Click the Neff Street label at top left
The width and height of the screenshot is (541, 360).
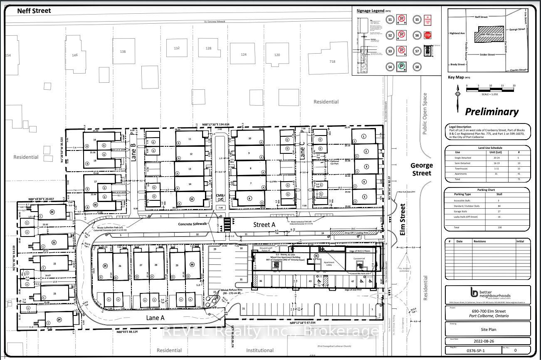click(x=34, y=10)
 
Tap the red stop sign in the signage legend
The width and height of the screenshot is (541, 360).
click(x=427, y=35)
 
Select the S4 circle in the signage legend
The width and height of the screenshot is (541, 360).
click(x=390, y=67)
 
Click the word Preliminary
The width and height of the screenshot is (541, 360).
click(x=492, y=111)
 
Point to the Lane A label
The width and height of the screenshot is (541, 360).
click(x=156, y=317)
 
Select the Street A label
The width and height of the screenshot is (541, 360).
click(x=264, y=224)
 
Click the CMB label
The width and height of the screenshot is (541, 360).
click(x=220, y=195)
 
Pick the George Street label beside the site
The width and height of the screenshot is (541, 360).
click(x=422, y=169)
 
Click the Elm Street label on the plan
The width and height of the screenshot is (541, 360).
click(x=403, y=219)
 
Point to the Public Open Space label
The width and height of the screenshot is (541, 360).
click(x=425, y=113)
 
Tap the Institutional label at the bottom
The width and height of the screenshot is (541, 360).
click(x=260, y=350)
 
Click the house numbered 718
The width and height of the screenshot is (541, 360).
click(x=332, y=62)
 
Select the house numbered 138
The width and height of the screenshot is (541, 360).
click(x=122, y=52)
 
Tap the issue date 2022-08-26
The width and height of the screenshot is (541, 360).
click(x=487, y=341)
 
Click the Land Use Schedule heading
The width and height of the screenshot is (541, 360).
click(x=487, y=148)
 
